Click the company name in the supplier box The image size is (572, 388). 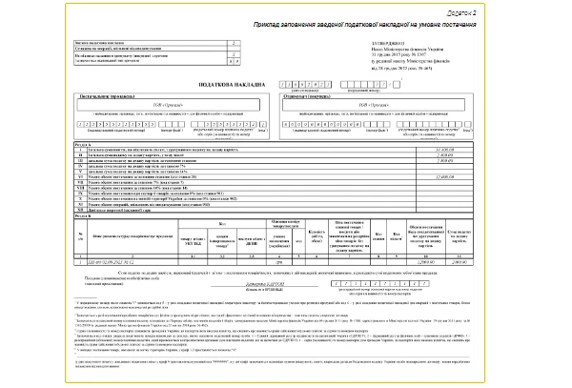click(x=143, y=107)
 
